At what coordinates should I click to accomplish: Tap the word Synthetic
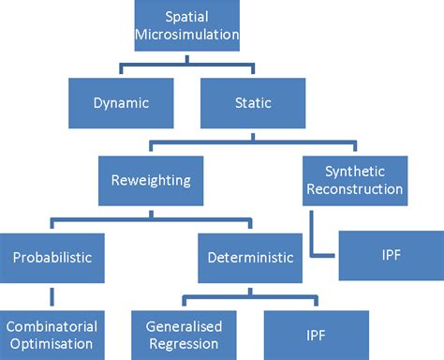(x=354, y=171)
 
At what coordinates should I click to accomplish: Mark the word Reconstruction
(x=354, y=188)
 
